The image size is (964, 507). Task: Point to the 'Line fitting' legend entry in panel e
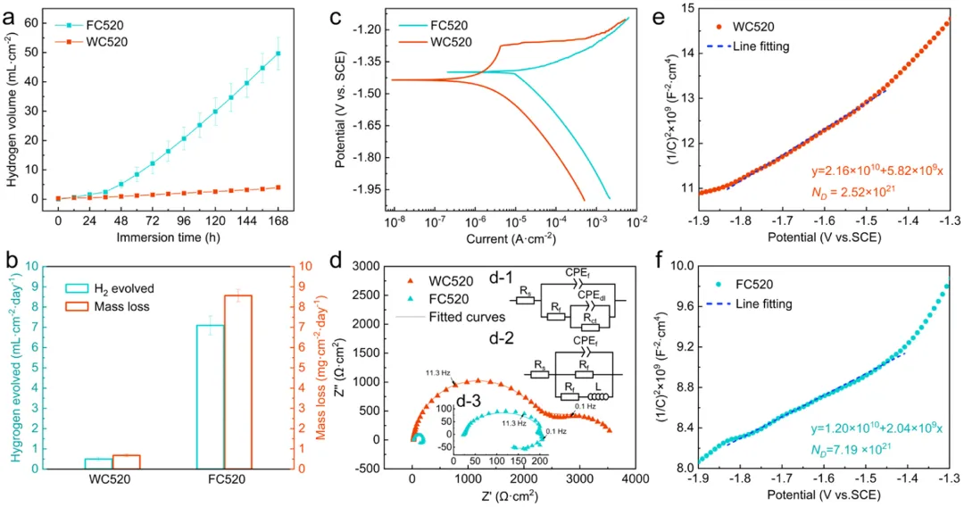pyautogui.click(x=755, y=46)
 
